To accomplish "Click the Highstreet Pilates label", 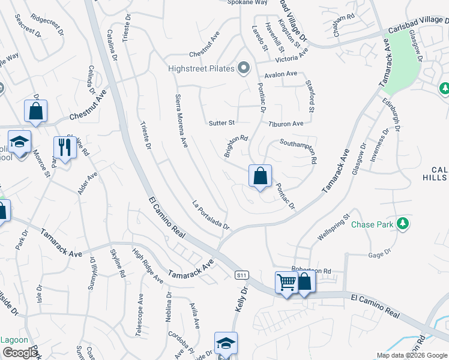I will tap(200, 68).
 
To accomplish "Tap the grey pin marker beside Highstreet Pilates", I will tap(243, 68).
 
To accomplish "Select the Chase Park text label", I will tap(372, 225).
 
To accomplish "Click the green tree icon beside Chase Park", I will tap(403, 224).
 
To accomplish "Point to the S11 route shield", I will tap(241, 275).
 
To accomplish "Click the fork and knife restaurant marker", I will tap(62, 146).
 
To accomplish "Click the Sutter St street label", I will tap(221, 123).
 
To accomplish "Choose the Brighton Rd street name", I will tap(236, 146).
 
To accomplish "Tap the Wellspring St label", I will tap(333, 229).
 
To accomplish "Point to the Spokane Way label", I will tap(247, 2).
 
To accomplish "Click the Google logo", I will tap(20, 352).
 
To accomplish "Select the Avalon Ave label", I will tap(282, 74).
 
